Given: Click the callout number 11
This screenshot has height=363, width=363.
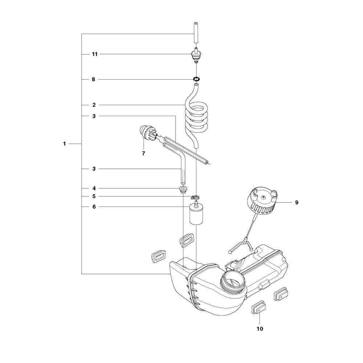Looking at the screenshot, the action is coord(95,54).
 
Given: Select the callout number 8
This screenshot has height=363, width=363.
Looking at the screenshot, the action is coord(94,79).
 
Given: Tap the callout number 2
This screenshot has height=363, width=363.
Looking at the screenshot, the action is coord(94,105).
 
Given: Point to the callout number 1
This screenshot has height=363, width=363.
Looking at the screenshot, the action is coord(65,144).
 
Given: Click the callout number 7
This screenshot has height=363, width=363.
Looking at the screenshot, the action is coord(143,154).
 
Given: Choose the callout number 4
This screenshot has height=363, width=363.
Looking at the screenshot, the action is coord(94,188).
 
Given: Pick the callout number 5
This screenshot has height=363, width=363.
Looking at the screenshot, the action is coord(94,196).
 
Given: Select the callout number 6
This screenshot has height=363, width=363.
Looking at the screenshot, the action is coord(94,207).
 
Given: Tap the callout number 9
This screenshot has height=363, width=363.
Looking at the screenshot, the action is coord(297,203).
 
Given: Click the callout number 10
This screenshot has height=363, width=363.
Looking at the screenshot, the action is coord(260,329).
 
